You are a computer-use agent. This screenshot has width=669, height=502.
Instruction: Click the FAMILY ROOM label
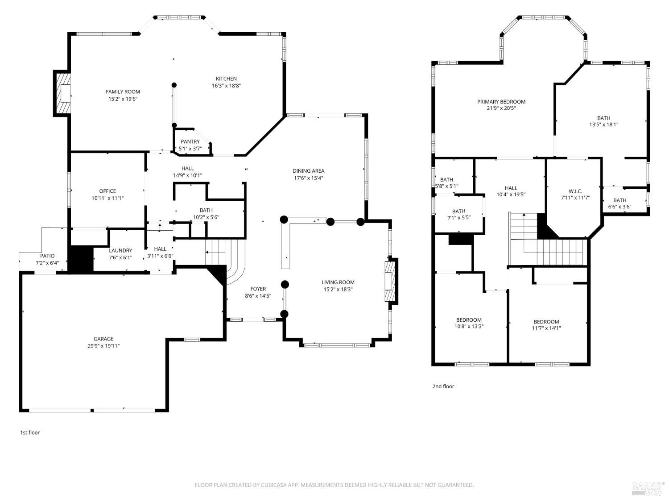click(x=123, y=92)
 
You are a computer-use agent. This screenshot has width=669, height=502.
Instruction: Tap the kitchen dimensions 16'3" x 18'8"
click(x=227, y=86)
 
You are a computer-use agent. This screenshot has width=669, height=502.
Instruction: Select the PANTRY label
click(x=190, y=142)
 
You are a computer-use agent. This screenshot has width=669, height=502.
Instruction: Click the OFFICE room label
click(x=107, y=191)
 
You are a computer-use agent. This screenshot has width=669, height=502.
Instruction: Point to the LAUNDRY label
click(x=120, y=251)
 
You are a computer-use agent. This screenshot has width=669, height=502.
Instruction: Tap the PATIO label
click(x=47, y=256)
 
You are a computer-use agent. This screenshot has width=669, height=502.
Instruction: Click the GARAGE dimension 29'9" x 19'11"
click(x=103, y=346)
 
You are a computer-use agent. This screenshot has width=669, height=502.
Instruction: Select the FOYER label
click(x=258, y=289)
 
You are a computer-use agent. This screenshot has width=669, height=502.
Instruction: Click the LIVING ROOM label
click(x=338, y=282)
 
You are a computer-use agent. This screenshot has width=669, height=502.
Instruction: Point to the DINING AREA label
click(x=308, y=171)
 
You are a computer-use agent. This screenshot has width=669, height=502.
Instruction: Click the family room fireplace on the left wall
click(x=62, y=94)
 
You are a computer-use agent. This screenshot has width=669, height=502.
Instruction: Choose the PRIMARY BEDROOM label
click(x=501, y=102)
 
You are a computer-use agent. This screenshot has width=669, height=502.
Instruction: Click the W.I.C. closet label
click(x=575, y=191)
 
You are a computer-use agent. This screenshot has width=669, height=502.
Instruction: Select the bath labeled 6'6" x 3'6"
click(x=619, y=203)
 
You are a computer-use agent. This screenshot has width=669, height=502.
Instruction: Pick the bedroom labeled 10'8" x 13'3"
click(x=469, y=323)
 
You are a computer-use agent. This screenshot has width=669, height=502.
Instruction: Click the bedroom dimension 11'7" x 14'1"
click(x=546, y=328)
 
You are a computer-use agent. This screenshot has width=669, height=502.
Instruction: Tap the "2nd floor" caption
click(x=443, y=386)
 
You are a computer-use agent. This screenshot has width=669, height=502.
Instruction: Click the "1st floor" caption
click(x=30, y=432)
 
